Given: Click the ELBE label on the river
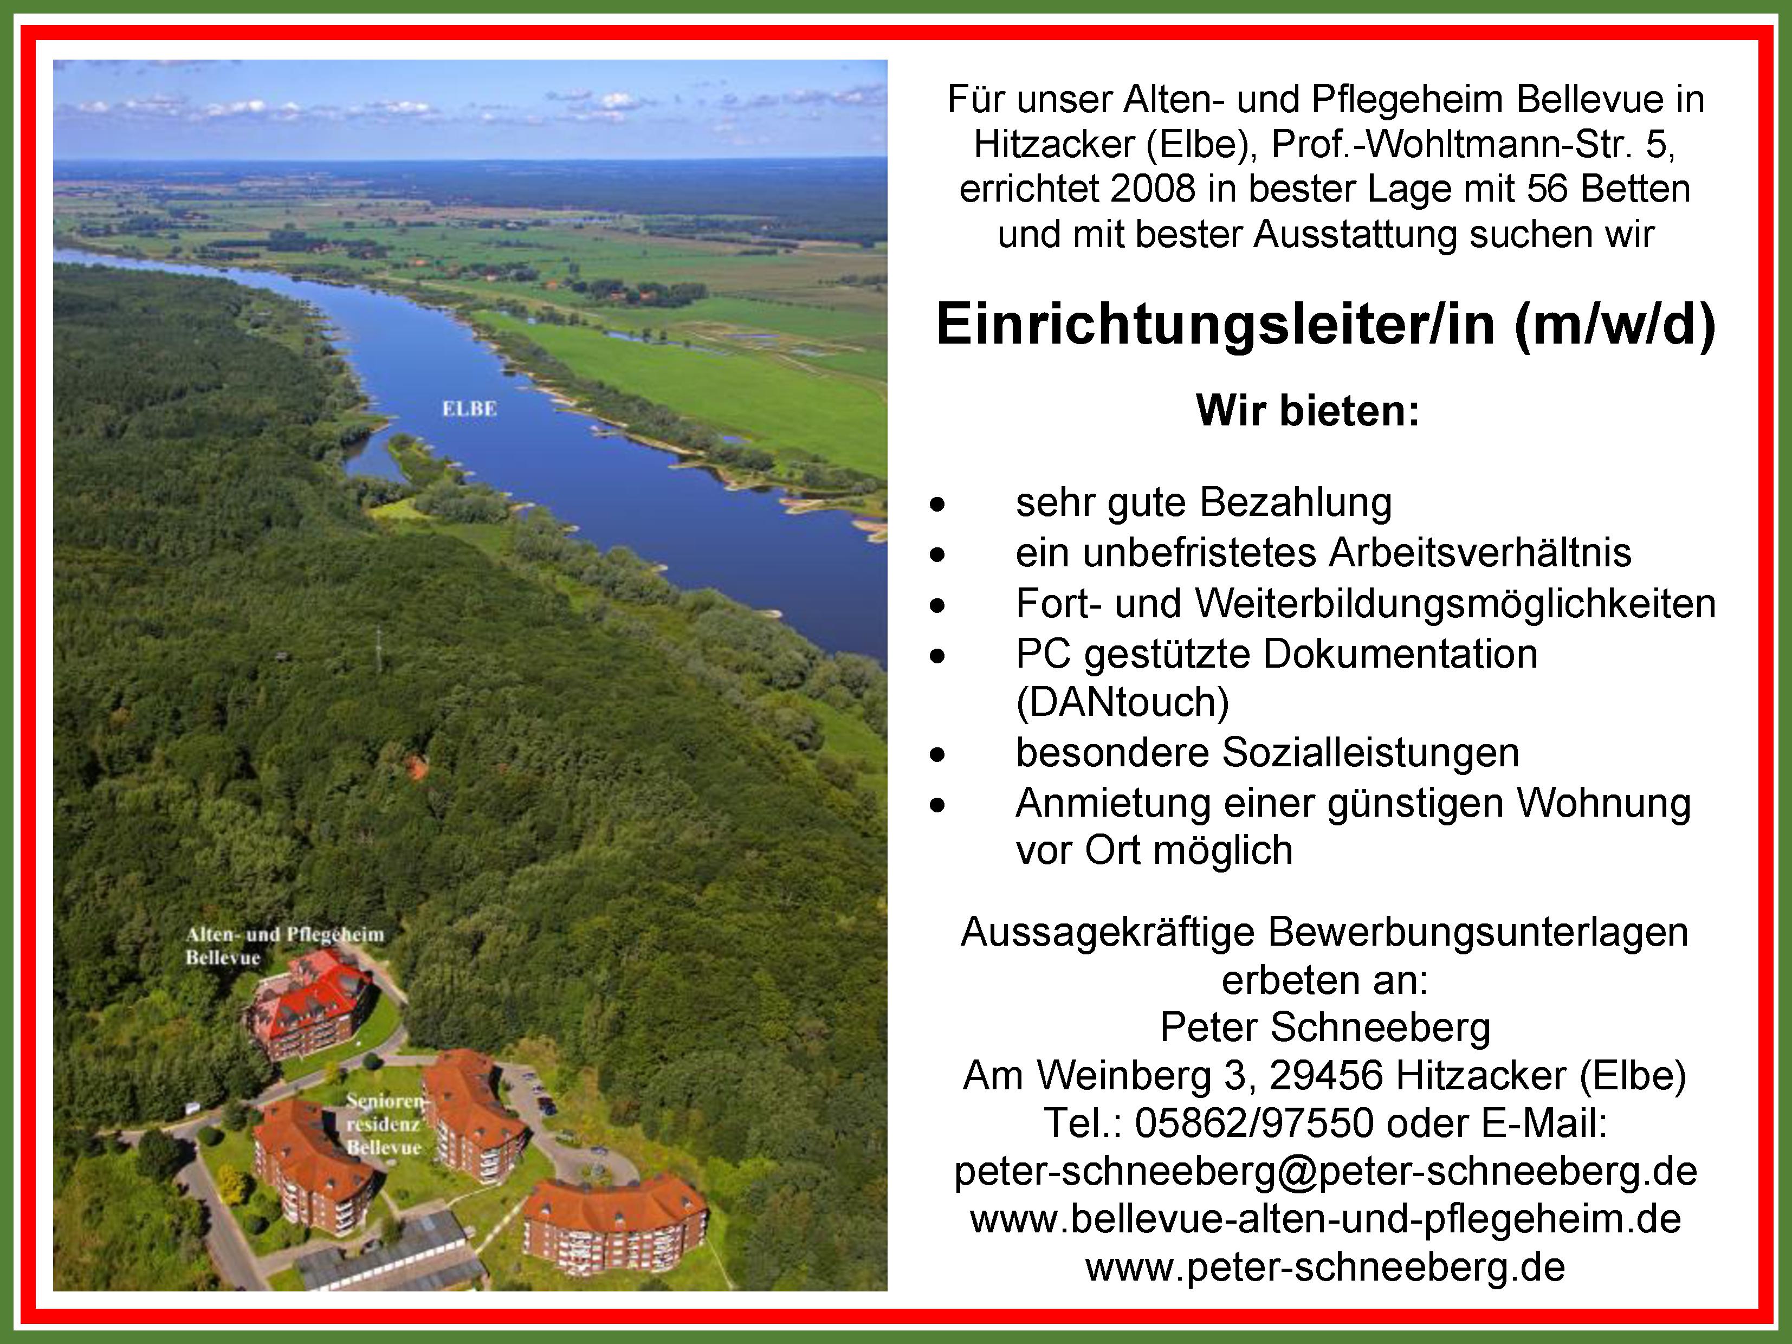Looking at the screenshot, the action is (469, 409).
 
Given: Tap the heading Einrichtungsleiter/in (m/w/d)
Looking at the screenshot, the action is (1325, 325).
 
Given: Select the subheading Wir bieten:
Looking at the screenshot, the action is (1308, 411).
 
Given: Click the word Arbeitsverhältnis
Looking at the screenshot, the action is (1479, 553).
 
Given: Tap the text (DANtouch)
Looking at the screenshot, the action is (1122, 702).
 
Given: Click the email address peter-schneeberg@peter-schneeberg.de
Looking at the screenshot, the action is (1325, 1172).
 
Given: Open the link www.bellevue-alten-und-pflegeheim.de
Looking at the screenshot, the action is (1325, 1219).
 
